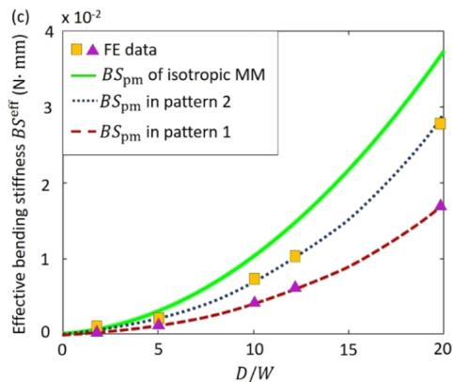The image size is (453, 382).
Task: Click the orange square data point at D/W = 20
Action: point(440,123)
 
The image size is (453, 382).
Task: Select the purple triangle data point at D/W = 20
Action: point(441,205)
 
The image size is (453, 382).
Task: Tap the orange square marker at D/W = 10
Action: point(255,279)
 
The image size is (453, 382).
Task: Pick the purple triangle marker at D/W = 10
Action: point(255,302)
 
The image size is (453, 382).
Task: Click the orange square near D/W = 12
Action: point(295,256)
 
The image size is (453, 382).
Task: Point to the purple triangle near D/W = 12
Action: point(295,286)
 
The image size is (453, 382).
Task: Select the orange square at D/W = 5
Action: point(159,318)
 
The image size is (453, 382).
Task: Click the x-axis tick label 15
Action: point(349,349)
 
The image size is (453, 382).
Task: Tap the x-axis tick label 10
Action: point(254,349)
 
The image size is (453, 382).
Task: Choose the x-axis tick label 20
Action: point(443,349)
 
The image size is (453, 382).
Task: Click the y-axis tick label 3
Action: point(47,108)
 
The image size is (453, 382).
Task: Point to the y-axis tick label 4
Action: point(47,32)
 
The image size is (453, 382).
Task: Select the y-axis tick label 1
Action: point(47,260)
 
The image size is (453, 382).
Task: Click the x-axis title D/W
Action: point(255,374)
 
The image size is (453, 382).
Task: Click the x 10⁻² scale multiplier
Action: point(81,17)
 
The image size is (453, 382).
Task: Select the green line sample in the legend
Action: point(83,75)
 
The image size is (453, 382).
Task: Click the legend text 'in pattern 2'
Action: point(189,102)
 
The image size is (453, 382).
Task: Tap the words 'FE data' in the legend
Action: point(130,50)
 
